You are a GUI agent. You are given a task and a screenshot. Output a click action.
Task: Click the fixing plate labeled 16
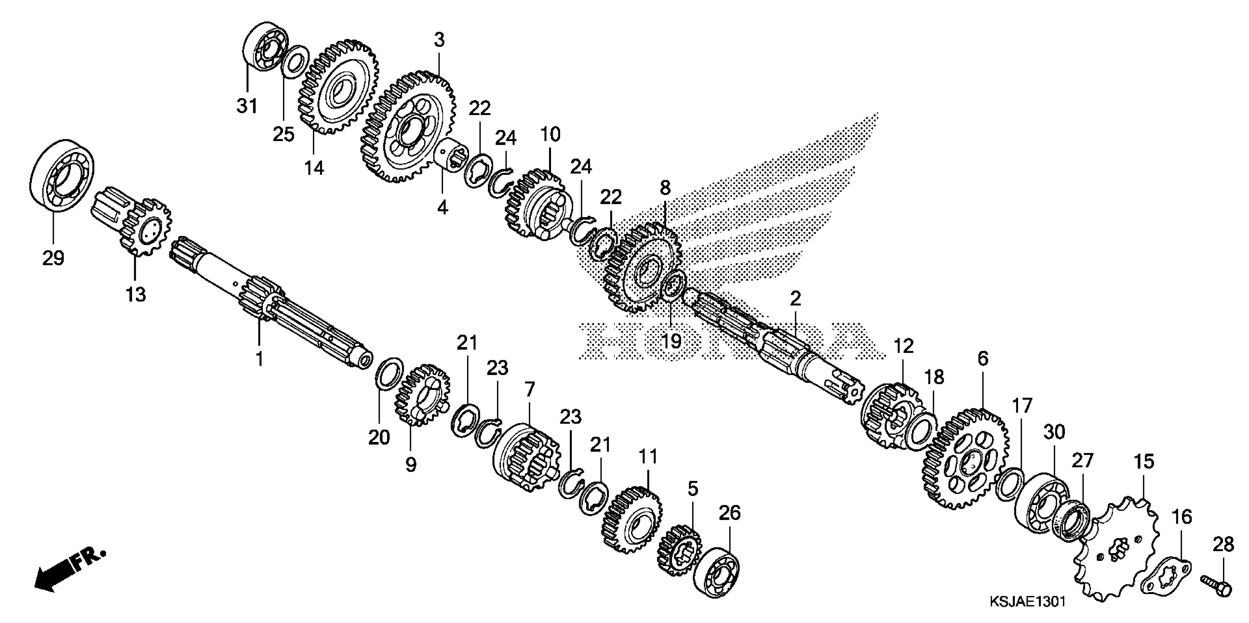(1165, 584)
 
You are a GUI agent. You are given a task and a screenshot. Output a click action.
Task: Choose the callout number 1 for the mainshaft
(260, 359)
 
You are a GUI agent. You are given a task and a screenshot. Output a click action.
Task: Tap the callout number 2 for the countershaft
(795, 299)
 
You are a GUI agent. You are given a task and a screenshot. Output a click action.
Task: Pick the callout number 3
(439, 40)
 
